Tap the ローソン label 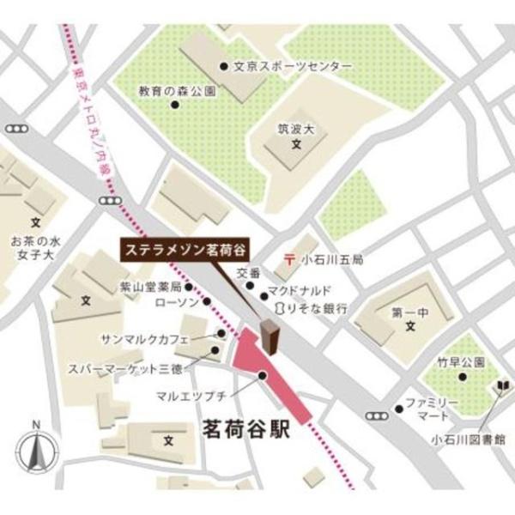176,303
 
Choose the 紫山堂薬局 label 151,287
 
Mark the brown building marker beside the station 269,337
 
